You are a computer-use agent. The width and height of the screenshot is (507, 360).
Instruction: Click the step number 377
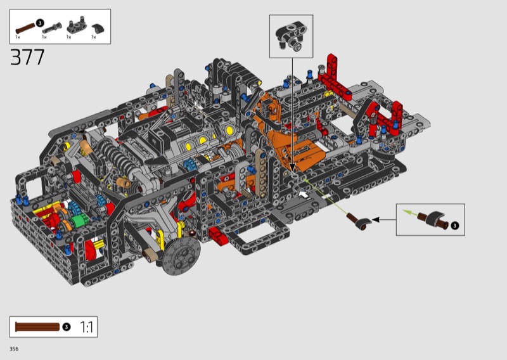coord(27,57)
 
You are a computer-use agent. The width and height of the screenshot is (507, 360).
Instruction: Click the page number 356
coord(14,349)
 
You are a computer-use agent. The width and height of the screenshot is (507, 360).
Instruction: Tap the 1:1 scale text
coord(86,327)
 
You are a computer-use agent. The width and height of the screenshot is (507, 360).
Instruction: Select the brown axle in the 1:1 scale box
coord(37,327)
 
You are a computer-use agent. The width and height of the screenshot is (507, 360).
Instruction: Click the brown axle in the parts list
coord(25,29)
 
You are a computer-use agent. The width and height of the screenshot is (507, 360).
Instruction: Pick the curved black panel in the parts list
coord(98,29)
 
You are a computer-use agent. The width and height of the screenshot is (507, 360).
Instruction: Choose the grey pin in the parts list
coord(52,28)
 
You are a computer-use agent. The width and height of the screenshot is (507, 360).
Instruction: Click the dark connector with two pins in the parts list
coord(76,26)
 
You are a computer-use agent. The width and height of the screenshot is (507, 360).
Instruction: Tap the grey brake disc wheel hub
coord(182,255)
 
